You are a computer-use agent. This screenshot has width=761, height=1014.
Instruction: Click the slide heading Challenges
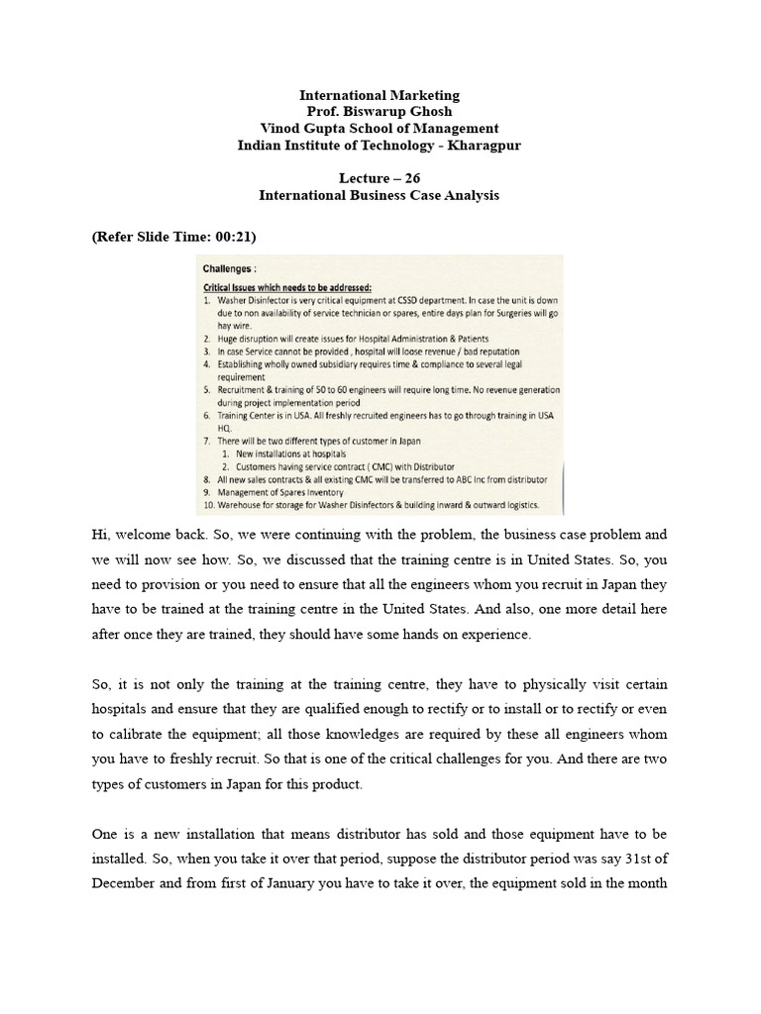click(230, 268)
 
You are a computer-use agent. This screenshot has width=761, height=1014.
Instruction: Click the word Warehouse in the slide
click(243, 505)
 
